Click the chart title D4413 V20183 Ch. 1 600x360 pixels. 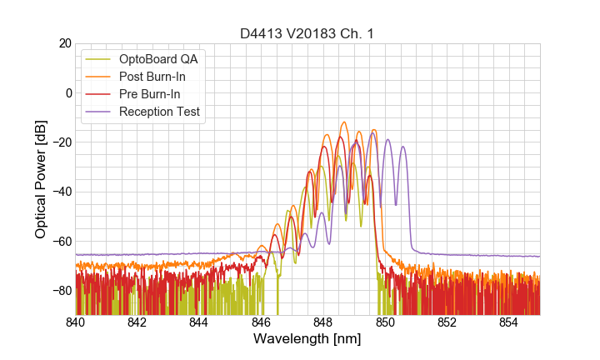point(307,34)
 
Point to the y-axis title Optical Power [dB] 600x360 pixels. point(41,179)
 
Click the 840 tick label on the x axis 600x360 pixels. point(76,322)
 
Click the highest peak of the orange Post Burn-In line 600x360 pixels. point(343,122)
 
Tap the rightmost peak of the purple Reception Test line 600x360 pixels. point(403,147)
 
